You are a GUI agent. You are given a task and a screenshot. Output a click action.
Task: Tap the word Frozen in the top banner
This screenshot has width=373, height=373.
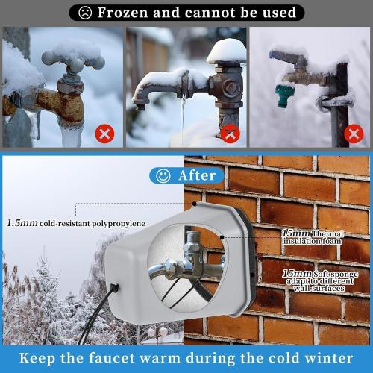point(125,13)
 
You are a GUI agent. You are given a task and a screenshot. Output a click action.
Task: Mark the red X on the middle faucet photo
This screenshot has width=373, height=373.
point(231,134)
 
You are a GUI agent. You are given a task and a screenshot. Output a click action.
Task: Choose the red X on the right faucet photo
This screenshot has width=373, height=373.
point(354,134)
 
